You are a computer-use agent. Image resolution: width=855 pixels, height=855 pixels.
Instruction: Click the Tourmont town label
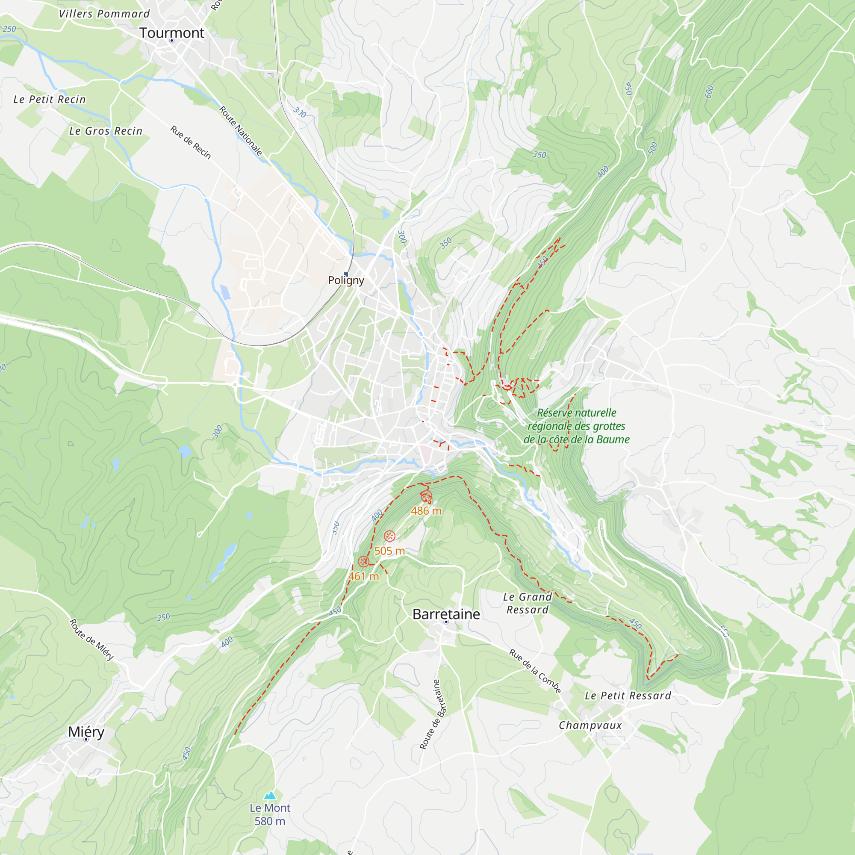(172, 33)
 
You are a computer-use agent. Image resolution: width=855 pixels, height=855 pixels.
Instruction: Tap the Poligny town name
(346, 280)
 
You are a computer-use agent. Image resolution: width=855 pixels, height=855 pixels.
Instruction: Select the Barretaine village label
(446, 614)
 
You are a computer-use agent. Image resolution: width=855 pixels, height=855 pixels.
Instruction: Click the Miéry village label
(86, 731)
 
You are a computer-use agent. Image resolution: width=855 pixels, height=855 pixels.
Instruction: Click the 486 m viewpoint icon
(426, 496)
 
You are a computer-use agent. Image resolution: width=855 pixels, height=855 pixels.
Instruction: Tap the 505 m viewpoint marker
(389, 537)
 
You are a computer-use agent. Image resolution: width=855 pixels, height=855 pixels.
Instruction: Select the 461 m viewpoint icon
(363, 562)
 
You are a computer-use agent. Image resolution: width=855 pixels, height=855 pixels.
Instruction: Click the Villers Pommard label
(104, 14)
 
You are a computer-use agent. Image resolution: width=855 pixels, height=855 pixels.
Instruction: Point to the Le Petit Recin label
(50, 100)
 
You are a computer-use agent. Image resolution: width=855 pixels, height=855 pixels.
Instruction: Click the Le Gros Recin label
(106, 131)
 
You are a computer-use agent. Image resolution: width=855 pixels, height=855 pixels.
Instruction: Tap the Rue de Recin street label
(191, 142)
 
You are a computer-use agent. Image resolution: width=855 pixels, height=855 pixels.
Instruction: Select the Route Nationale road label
(241, 131)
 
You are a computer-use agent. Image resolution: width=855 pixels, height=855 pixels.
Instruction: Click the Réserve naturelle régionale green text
(577, 426)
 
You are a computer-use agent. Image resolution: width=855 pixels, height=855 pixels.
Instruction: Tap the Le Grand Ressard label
(528, 603)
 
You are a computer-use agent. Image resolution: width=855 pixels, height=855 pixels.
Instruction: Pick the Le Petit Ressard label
(628, 696)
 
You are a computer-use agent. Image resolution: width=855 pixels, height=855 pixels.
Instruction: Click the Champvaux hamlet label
(590, 725)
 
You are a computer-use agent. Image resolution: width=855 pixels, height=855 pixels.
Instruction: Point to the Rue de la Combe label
(535, 671)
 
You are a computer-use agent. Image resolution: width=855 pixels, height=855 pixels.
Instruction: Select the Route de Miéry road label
(91, 640)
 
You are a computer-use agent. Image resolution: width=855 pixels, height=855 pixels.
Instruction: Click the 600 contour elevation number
(709, 91)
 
